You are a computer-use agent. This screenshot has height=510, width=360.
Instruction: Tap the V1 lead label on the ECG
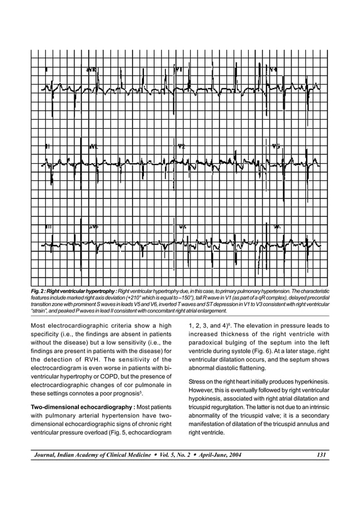[179, 69]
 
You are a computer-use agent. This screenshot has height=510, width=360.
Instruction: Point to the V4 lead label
[273, 69]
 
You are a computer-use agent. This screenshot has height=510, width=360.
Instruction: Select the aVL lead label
[93, 146]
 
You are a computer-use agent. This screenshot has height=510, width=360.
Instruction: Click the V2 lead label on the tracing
[181, 146]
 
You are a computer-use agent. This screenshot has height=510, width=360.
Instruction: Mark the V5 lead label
[275, 146]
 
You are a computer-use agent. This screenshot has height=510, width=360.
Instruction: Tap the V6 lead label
[277, 227]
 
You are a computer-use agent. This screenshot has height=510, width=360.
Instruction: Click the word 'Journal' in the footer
[46, 455]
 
